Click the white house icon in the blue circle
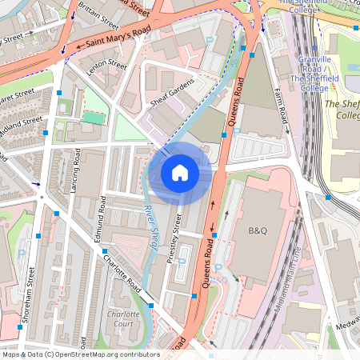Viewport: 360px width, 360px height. click(180, 172)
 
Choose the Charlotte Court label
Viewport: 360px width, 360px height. click(123, 319)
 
